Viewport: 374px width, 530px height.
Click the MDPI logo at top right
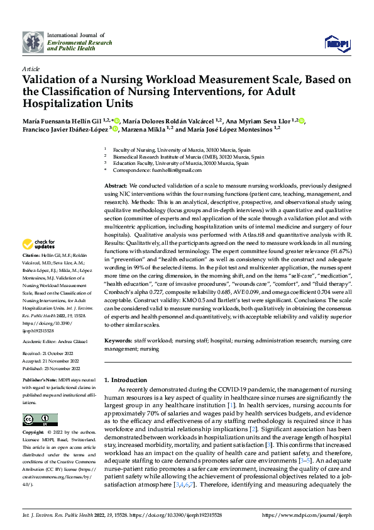[338, 42]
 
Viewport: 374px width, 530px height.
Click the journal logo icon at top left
[33, 42]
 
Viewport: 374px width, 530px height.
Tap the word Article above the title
[31, 68]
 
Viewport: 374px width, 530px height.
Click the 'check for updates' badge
[40, 244]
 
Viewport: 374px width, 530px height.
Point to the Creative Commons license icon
[40, 420]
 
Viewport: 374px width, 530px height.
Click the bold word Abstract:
[116, 187]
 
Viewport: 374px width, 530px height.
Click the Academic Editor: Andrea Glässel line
[55, 341]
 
